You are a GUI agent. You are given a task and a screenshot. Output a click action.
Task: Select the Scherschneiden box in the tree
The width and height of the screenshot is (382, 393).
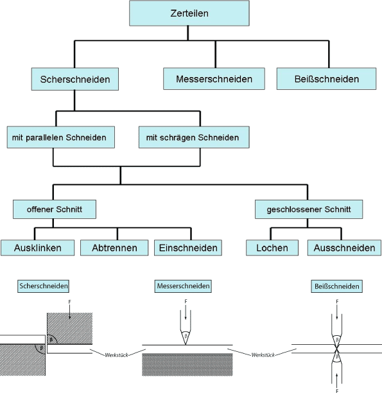(74, 80)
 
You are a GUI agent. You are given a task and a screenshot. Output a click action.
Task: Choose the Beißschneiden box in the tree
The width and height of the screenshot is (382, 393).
(326, 80)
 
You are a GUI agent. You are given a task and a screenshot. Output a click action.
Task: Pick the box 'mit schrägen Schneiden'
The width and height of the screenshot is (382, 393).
(193, 137)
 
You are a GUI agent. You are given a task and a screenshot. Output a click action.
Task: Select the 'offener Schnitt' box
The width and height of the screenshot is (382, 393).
(54, 209)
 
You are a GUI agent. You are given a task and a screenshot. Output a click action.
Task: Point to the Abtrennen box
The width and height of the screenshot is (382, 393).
(116, 247)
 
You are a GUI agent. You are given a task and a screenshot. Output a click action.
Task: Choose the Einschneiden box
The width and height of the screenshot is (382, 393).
(187, 247)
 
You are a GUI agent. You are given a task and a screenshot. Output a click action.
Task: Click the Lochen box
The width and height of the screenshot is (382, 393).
(272, 247)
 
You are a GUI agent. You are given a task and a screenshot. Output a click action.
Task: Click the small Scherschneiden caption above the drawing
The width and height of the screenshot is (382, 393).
(44, 285)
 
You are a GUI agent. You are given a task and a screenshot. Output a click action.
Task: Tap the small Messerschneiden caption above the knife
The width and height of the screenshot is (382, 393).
(183, 285)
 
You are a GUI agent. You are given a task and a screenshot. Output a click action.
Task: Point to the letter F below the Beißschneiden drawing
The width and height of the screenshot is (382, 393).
(336, 389)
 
